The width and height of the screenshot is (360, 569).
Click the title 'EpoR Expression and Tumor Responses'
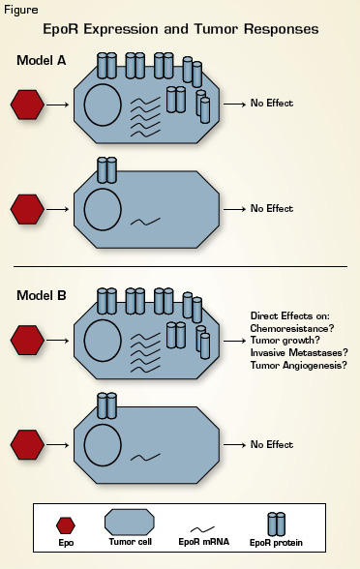click(180, 29)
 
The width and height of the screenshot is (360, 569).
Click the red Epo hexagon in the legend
click(66, 525)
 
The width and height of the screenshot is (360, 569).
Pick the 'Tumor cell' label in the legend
click(128, 544)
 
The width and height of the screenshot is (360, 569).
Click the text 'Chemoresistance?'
click(292, 328)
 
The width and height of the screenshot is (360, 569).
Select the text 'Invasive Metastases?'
click(299, 351)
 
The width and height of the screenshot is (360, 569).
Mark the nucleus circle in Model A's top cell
click(104, 105)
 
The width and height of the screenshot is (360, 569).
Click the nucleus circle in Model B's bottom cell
click(104, 444)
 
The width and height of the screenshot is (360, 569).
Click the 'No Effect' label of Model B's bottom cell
click(272, 445)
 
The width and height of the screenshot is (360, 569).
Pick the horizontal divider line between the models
click(180, 266)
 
